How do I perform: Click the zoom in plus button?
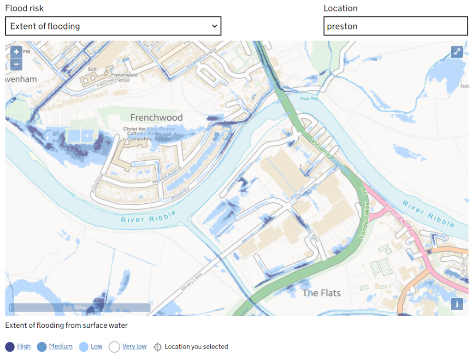tap(16, 52)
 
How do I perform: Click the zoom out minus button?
tap(16, 64)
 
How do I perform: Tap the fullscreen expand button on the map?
tap(456, 52)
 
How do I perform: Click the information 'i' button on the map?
tap(456, 304)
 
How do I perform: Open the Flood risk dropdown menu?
tap(113, 26)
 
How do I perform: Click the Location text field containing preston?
tap(395, 26)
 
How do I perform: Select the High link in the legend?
tap(24, 346)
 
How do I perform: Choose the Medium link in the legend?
tap(60, 346)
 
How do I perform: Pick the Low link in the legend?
tap(96, 346)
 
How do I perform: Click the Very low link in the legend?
tap(134, 346)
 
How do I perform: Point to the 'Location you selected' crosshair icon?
tap(158, 347)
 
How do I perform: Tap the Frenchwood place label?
tap(156, 118)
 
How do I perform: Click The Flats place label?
tap(321, 293)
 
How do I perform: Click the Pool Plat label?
tap(309, 99)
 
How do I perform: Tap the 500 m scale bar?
tap(80, 307)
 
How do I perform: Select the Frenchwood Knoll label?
tap(124, 77)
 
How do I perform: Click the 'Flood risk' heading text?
tap(24, 8)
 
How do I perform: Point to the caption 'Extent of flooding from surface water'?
tap(66, 325)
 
